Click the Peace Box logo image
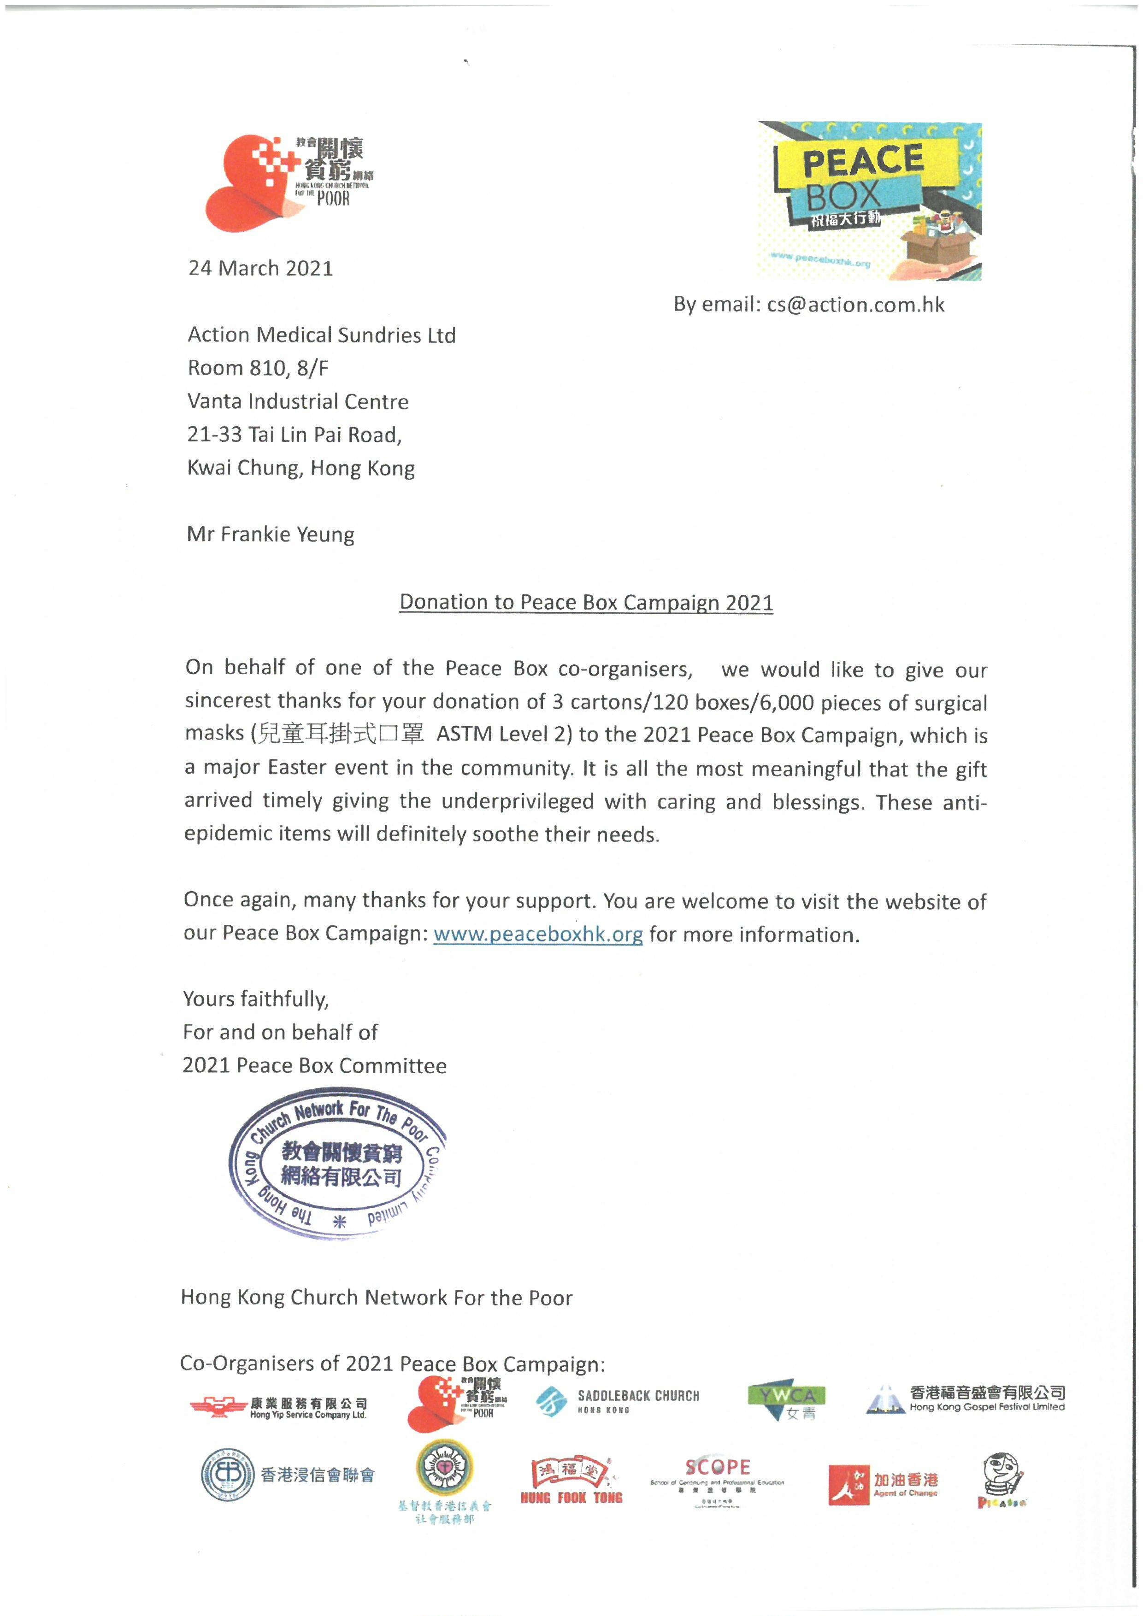coord(869,201)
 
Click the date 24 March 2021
coord(260,268)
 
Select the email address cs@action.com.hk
coord(856,304)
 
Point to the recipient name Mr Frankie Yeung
coord(270,534)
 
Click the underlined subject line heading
coord(586,602)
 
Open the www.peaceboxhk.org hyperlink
coord(538,934)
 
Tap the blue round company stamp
coord(336,1165)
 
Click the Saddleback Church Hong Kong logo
coord(617,1401)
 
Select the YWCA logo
coord(787,1399)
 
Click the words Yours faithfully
coord(255,999)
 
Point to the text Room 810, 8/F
coord(258,368)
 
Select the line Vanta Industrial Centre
coord(298,401)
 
